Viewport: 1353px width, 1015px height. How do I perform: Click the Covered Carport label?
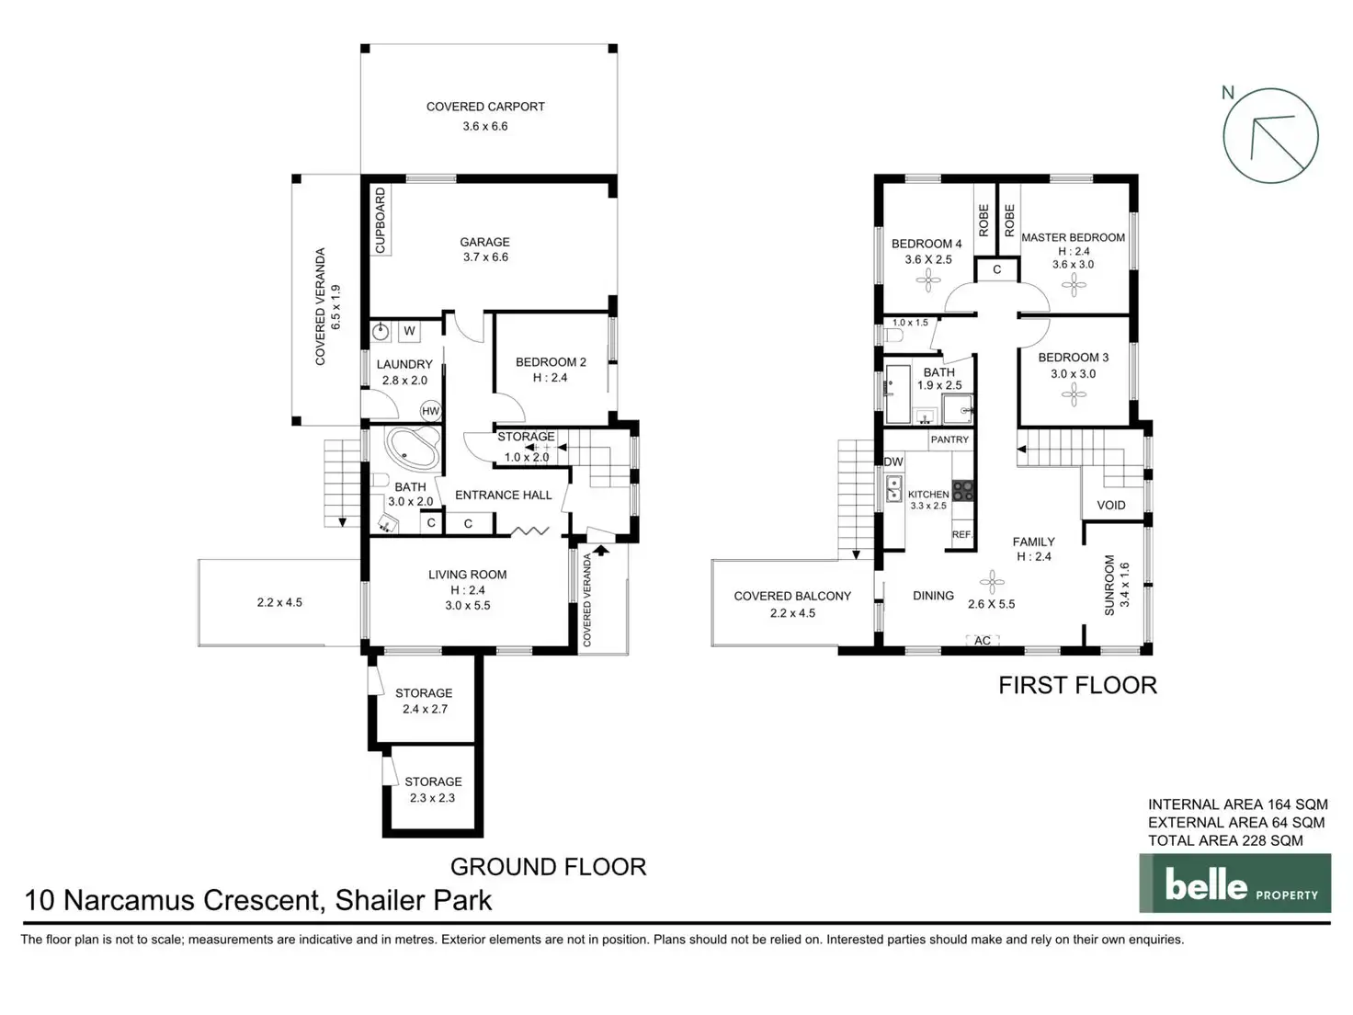coord(485,107)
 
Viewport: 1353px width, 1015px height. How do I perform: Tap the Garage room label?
coord(484,243)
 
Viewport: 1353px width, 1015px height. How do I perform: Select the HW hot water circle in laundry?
coord(430,411)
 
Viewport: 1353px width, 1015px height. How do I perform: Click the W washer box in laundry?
coord(409,331)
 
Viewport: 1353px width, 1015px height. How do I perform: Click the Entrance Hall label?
coord(503,495)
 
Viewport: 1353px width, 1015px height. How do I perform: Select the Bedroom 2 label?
coord(551,362)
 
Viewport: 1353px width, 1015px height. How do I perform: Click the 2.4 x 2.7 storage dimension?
coord(425,709)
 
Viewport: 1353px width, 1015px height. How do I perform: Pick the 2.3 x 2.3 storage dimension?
coord(432,798)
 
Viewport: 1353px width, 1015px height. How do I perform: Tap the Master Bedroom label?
coord(1073,237)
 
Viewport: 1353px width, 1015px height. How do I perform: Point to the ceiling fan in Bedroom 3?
coord(1074,395)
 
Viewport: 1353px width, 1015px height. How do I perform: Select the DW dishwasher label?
coord(893,462)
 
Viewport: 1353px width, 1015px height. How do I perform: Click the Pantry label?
coord(949,439)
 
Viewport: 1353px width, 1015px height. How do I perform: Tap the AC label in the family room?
coord(983,641)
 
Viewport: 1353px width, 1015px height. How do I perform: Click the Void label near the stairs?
coord(1110,505)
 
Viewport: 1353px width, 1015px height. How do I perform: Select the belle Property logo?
coord(1234,884)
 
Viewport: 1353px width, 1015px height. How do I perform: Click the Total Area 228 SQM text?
coord(1225,840)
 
